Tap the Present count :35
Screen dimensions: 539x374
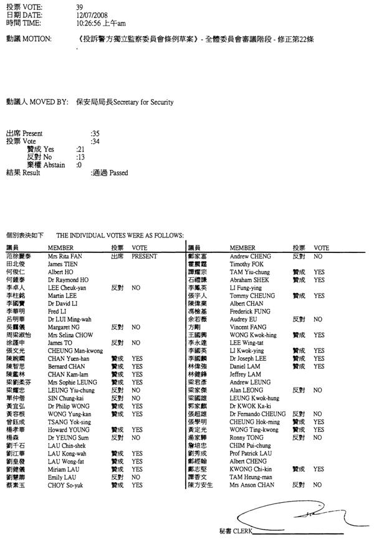[x=95, y=133]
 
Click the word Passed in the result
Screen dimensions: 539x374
[x=118, y=173]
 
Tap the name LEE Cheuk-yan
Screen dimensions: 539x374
[x=67, y=289]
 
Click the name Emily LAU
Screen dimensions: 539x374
[x=61, y=477]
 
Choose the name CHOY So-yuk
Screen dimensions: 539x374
[x=65, y=485]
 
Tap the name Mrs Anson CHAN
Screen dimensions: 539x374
[x=252, y=485]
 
